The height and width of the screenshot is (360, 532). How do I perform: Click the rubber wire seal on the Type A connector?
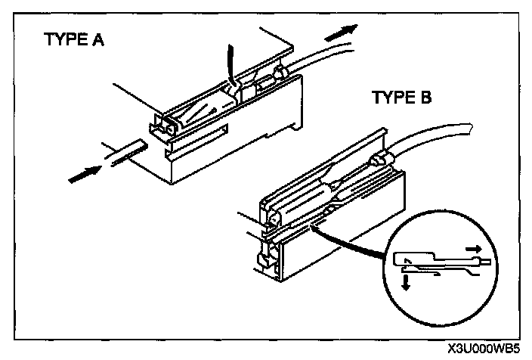point(281,72)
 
